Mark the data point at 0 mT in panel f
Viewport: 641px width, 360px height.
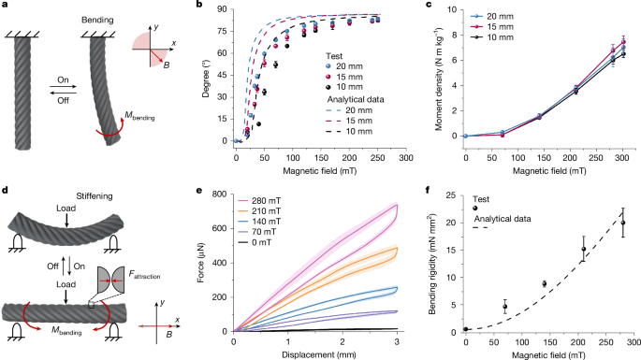(x=465, y=328)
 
